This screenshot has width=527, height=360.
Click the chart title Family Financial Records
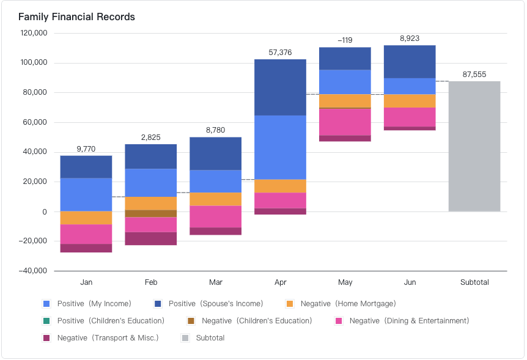pos(76,17)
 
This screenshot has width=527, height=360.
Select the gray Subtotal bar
pos(474,147)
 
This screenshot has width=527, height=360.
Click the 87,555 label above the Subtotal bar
pos(474,74)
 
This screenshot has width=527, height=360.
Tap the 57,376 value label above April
pos(280,53)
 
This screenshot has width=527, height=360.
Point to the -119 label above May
pos(345,40)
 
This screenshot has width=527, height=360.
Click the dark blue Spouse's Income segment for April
pos(280,87)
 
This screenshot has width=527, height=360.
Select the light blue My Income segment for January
pos(86,194)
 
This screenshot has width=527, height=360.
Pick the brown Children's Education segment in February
pos(151,213)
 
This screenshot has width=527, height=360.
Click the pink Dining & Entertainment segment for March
pos(215,216)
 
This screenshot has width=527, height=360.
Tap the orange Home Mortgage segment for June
pos(410,101)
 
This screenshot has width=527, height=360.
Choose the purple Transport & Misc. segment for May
pos(345,138)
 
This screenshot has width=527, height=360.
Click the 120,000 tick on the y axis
pos(34,33)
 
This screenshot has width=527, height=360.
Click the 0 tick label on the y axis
pos(45,211)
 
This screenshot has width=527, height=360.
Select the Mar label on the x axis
pos(215,282)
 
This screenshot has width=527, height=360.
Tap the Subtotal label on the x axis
pos(474,282)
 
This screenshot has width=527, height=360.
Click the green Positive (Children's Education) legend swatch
pos(46,321)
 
